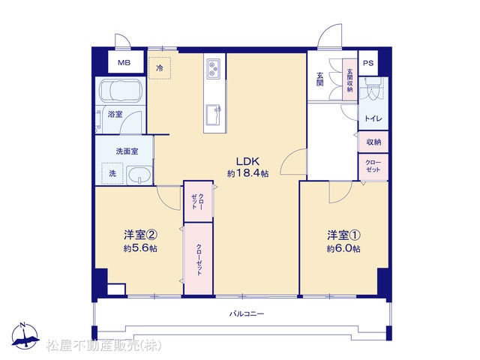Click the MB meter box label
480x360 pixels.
tap(124, 63)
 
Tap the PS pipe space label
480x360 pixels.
tap(368, 63)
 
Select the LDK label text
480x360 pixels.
tap(247, 161)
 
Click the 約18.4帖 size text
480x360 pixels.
tap(248, 173)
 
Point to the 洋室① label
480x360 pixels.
tap(343, 235)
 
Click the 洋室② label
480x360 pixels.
tap(140, 235)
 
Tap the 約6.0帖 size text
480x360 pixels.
tap(343, 248)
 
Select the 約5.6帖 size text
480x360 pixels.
tap(140, 248)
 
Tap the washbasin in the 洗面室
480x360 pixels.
tap(139, 175)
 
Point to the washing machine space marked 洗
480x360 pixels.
tap(112, 173)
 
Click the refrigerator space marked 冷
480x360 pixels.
tap(160, 68)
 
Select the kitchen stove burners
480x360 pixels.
tap(213, 69)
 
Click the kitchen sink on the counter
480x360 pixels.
tap(214, 115)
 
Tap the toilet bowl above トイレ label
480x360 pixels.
tap(373, 89)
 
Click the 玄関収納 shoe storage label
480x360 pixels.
tap(350, 80)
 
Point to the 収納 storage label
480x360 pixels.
tap(373, 142)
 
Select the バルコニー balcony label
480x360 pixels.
tap(247, 313)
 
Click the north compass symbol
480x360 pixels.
tap(25, 335)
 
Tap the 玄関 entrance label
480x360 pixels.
tap(320, 79)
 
